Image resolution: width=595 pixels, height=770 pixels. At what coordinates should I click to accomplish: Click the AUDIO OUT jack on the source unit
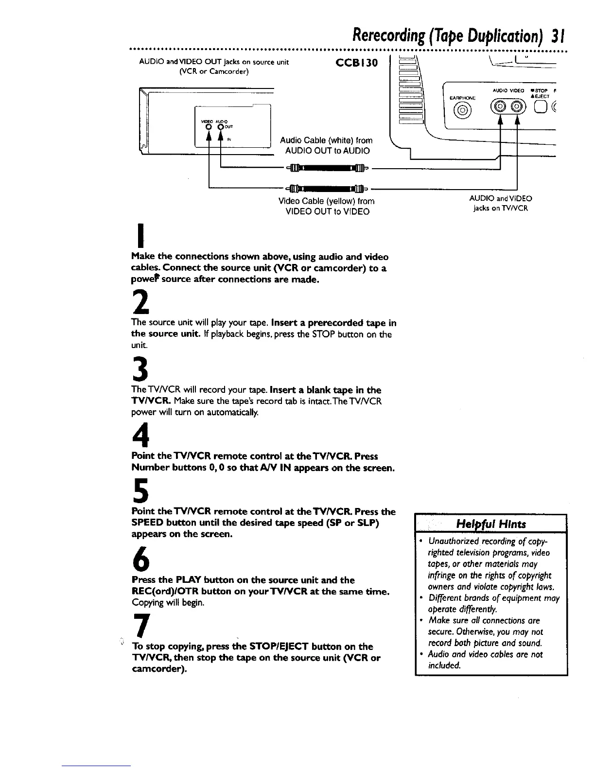tap(220, 128)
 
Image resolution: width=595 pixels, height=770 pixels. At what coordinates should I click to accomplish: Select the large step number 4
tap(140, 434)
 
